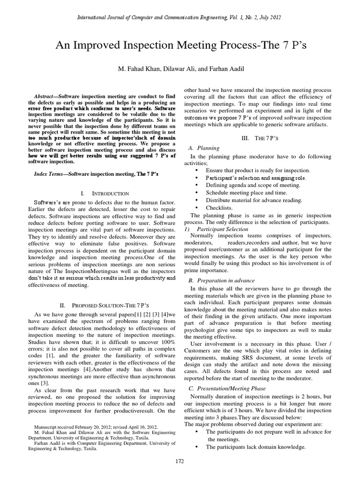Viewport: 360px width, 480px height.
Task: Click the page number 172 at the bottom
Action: tap(180, 461)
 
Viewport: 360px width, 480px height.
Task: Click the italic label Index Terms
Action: tap(48, 173)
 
